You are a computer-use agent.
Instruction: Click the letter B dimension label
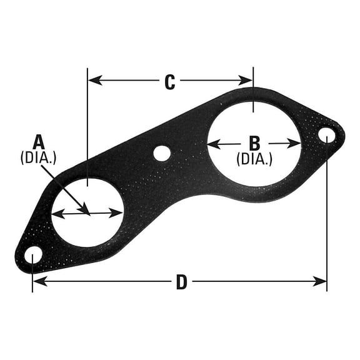coord(254,142)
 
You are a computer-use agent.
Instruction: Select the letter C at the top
coord(169,82)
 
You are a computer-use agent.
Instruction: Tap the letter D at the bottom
coord(181,282)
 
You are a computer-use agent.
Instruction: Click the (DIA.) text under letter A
coord(39,157)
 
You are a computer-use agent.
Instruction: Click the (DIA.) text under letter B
coord(254,159)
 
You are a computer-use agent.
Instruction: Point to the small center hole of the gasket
coord(162,152)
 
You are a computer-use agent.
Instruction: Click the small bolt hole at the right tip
coord(326,134)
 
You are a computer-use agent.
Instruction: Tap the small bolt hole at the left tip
coord(33,254)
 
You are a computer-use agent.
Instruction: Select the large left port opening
coord(87,213)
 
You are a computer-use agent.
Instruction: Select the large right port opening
coord(254,143)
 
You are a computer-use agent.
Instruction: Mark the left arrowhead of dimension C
coord(92,79)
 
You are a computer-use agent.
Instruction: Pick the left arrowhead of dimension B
coord(211,144)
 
